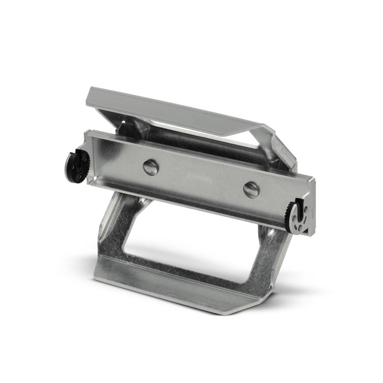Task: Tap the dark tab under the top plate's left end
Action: tap(123, 127)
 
